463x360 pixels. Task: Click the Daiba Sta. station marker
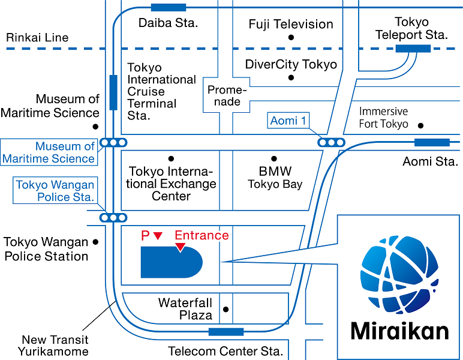click(169, 7)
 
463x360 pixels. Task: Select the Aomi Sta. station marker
click(432, 142)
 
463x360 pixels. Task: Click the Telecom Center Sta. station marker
click(226, 332)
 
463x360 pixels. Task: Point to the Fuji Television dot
click(291, 37)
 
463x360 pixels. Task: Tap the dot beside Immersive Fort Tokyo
click(420, 125)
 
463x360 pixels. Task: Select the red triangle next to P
click(158, 236)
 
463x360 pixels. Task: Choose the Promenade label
click(227, 95)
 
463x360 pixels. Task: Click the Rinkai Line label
click(37, 37)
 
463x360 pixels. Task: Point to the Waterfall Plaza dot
click(226, 310)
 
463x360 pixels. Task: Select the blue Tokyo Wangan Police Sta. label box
click(55, 191)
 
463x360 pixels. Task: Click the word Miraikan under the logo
click(399, 331)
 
